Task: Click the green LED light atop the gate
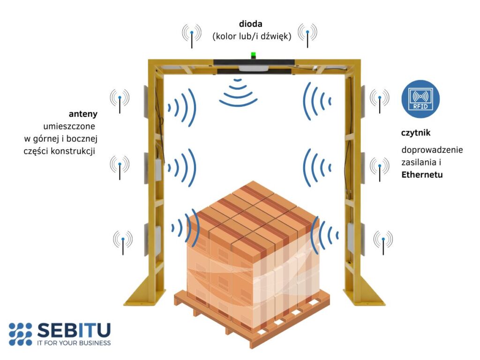254,55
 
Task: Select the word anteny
83,114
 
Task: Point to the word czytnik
416,133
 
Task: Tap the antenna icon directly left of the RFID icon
379,99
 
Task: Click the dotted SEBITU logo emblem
20,334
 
